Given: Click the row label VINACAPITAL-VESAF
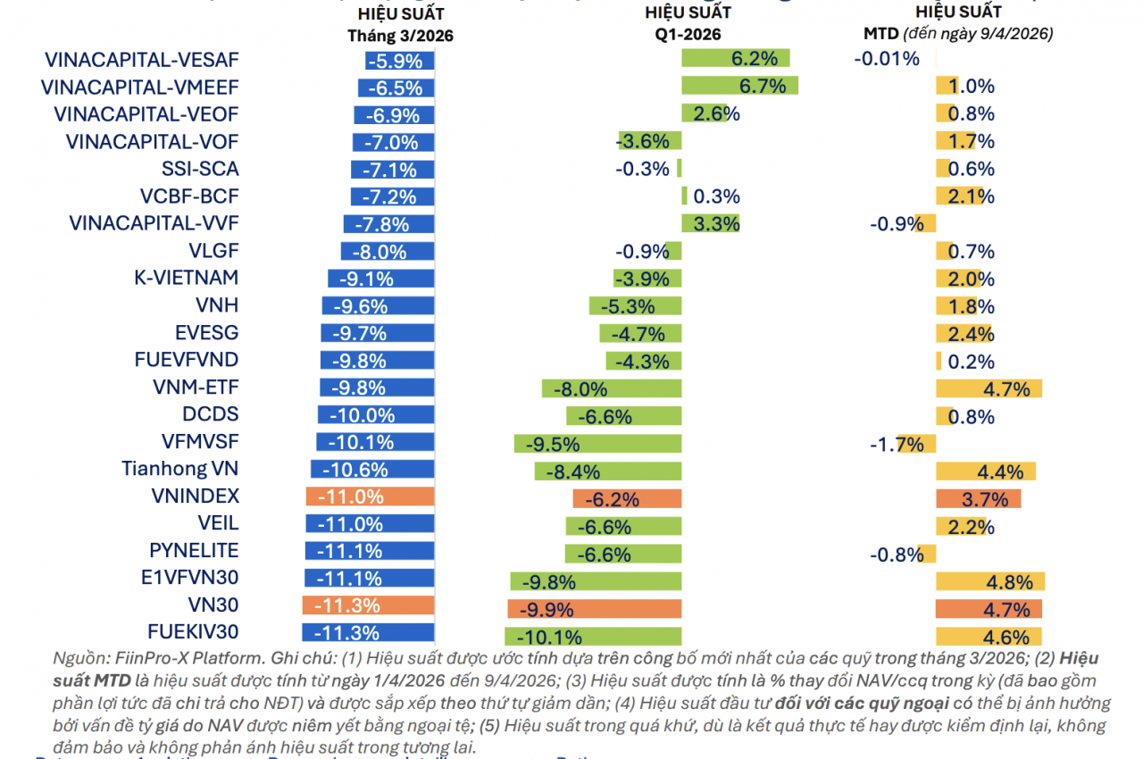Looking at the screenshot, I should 142,60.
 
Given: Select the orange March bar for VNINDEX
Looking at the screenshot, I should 370,497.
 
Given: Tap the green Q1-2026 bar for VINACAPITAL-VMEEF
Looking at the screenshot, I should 739,86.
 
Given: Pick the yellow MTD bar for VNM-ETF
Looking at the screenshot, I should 989,388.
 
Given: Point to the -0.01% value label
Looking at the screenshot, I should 886,60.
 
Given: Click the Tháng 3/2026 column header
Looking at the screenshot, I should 401,36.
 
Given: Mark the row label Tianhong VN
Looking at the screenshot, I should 180,469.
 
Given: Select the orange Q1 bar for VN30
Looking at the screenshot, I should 594,609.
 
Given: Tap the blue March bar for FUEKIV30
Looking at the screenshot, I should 368,633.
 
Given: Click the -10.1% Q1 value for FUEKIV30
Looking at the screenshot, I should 555,638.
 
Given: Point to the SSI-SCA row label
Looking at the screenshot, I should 200,169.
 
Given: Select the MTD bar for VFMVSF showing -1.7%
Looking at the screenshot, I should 917,444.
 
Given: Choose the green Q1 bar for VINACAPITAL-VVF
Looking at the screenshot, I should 710,223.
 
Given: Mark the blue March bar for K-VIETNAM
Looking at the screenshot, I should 380,279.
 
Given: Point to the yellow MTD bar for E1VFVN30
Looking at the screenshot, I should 989,582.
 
